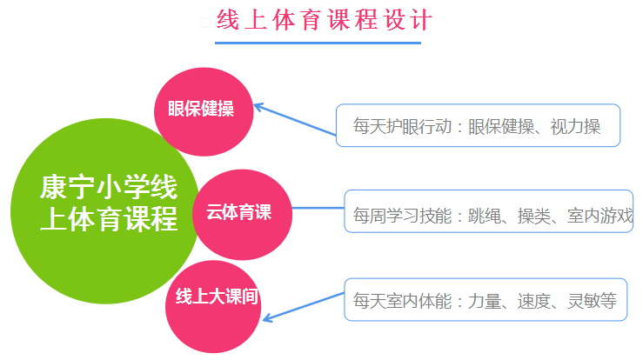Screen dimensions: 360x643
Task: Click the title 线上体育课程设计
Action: [323, 19]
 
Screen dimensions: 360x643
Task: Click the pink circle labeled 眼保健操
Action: [201, 110]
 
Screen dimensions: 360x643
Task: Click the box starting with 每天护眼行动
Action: [478, 126]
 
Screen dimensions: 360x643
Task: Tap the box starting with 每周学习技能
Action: [488, 211]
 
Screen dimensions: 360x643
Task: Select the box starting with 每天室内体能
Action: [485, 300]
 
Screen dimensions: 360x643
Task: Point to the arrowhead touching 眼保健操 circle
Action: [259, 108]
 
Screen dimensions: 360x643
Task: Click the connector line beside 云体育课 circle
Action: [317, 208]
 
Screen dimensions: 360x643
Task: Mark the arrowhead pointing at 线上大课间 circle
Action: [268, 317]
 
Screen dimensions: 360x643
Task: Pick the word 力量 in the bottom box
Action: [486, 302]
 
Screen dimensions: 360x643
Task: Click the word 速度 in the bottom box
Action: [534, 302]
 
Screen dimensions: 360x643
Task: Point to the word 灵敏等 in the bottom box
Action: [593, 302]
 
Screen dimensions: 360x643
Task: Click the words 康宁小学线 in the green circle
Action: [109, 186]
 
